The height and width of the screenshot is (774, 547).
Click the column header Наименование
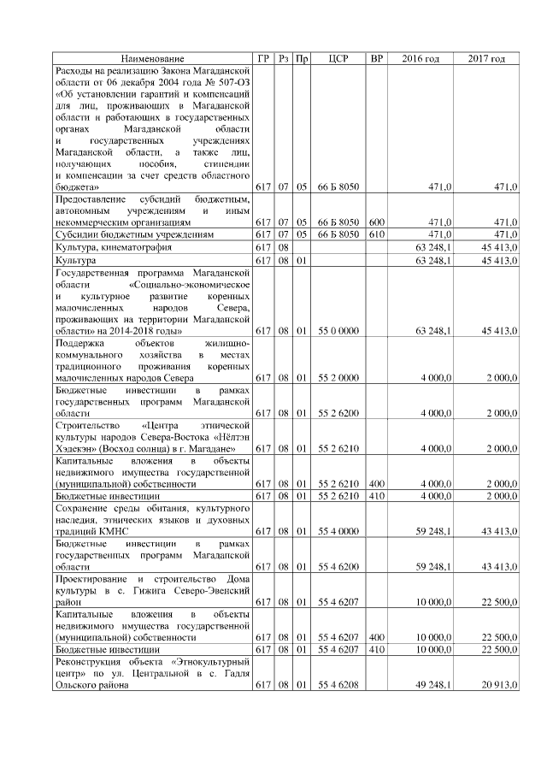(x=152, y=58)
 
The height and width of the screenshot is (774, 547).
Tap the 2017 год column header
(x=486, y=58)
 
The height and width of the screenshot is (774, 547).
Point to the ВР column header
(x=376, y=58)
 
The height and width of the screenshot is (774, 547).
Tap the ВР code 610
(x=376, y=233)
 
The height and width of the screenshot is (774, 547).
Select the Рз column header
(x=283, y=58)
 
